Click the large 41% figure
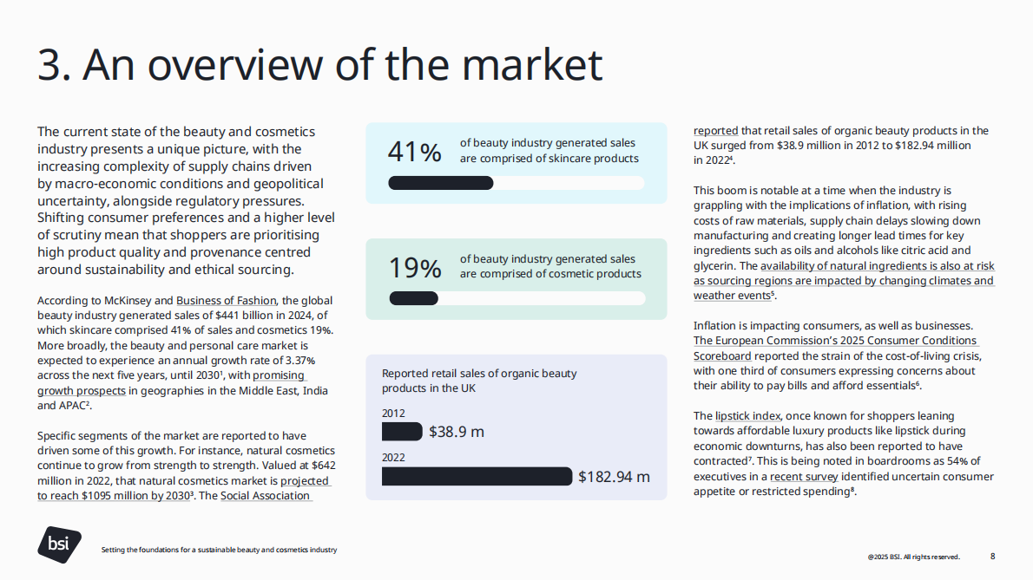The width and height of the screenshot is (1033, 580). (x=414, y=152)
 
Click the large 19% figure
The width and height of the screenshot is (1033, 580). (x=415, y=268)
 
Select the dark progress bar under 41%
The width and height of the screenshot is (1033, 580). (x=441, y=183)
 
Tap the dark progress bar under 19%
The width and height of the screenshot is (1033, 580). (x=414, y=298)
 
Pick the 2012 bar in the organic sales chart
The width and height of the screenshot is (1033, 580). (x=402, y=431)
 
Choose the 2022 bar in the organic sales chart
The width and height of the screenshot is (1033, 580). (x=477, y=476)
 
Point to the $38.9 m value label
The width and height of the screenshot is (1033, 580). (x=457, y=432)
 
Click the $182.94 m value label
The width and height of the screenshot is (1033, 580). (x=614, y=477)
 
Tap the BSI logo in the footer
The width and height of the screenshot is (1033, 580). (x=59, y=544)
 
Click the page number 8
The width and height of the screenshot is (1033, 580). (x=993, y=556)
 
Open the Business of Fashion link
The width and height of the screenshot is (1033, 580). (x=226, y=301)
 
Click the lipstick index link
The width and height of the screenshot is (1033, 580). (x=748, y=416)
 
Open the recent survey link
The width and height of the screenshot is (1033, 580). (x=804, y=477)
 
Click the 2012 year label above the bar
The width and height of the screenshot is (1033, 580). (x=393, y=414)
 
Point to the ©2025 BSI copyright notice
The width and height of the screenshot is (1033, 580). (x=913, y=557)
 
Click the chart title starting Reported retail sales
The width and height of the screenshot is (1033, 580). (x=479, y=381)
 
